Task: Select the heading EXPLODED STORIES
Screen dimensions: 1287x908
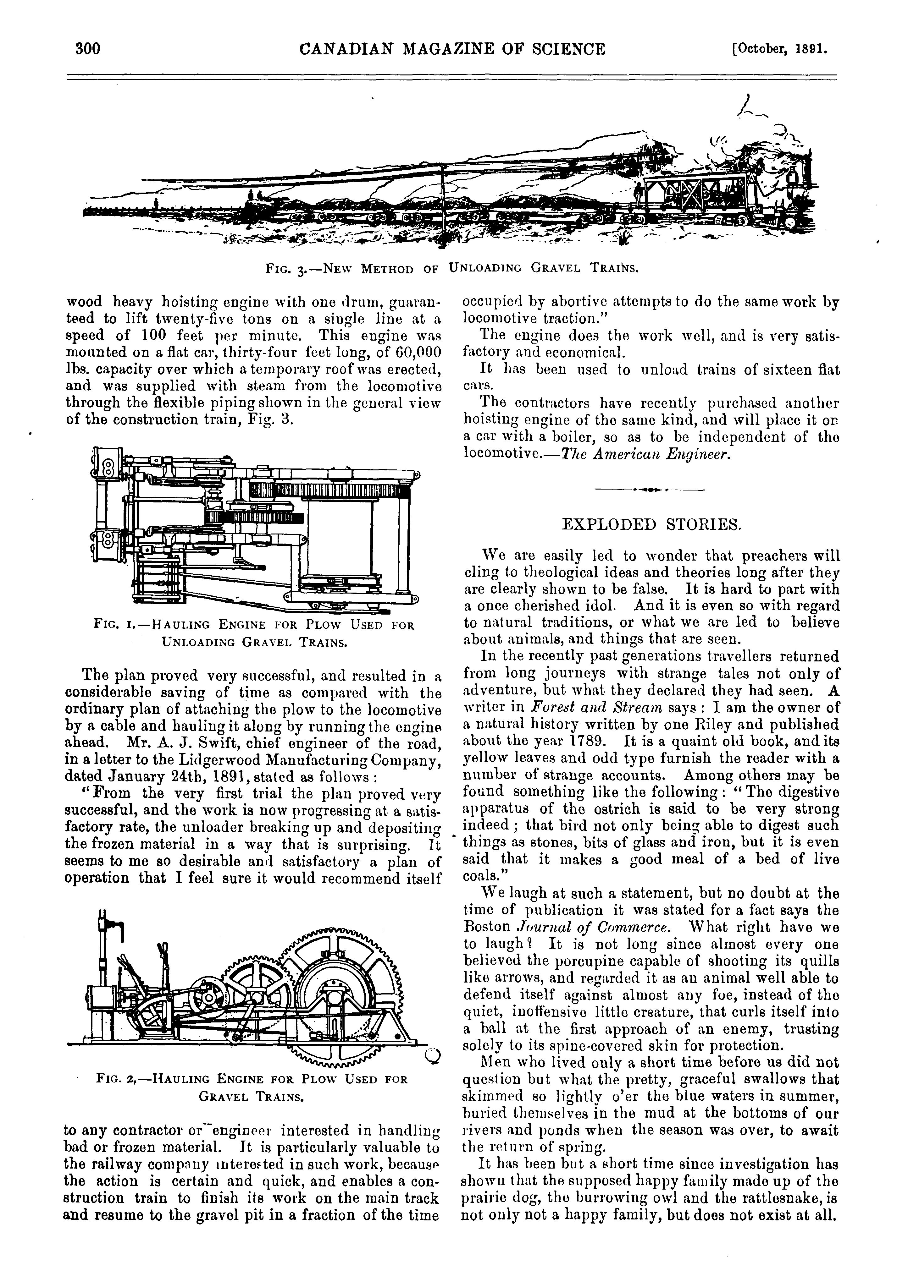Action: (651, 525)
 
